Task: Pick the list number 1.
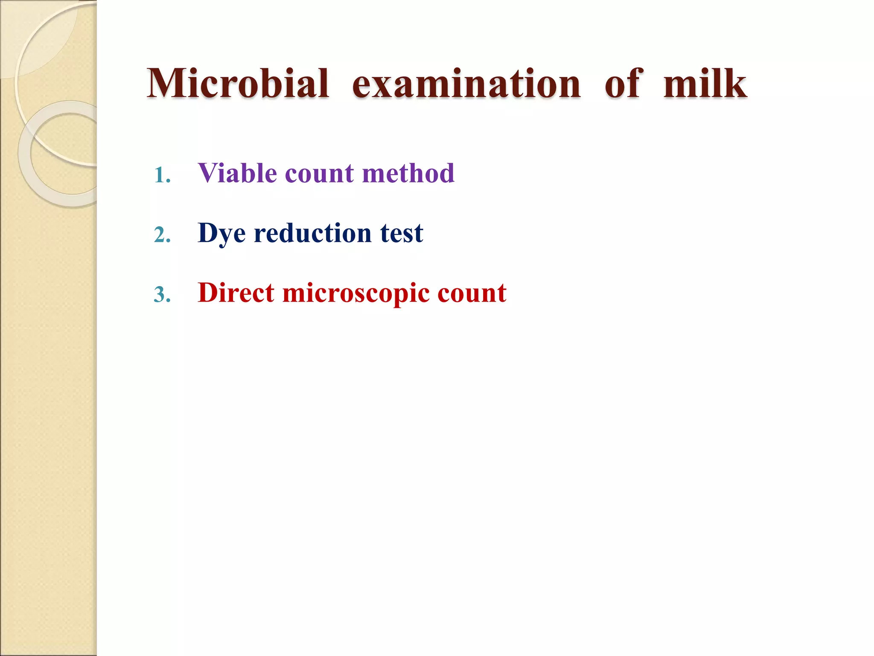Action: tap(162, 175)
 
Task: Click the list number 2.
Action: tap(162, 235)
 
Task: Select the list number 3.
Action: tap(162, 295)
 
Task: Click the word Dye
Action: tap(221, 234)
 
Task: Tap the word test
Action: tap(401, 234)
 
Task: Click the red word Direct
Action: tap(236, 293)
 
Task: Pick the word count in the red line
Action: tap(472, 294)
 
